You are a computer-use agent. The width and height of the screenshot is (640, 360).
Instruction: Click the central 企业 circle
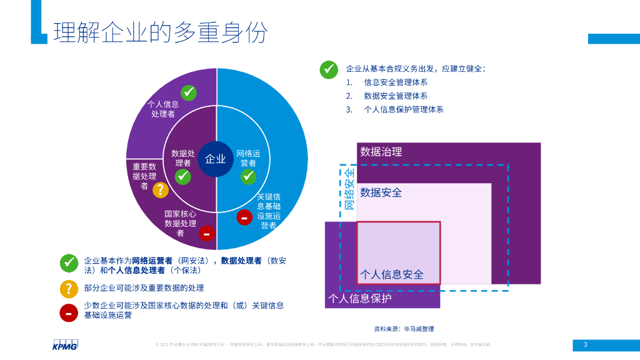click(x=216, y=159)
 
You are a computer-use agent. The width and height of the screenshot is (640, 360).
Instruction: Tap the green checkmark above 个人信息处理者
click(x=188, y=92)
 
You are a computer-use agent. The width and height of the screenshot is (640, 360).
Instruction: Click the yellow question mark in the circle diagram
click(x=161, y=190)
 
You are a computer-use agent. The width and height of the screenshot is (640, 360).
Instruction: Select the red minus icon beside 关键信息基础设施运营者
click(x=244, y=217)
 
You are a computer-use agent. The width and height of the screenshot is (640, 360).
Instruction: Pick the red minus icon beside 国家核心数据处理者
click(x=206, y=234)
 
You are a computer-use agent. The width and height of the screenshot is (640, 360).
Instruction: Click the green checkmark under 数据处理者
click(x=182, y=177)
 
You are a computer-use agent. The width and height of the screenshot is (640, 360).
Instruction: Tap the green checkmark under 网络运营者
click(x=248, y=177)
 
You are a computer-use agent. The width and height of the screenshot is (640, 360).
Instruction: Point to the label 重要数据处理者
click(x=144, y=176)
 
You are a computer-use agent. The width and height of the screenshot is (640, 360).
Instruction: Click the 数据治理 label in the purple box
click(x=381, y=151)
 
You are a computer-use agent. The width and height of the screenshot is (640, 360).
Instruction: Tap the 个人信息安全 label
click(x=392, y=274)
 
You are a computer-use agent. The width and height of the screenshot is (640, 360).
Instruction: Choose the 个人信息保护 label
click(x=360, y=299)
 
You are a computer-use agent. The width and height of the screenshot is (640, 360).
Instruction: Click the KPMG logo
click(x=65, y=344)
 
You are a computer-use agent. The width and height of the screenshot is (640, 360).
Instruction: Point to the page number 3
click(x=586, y=344)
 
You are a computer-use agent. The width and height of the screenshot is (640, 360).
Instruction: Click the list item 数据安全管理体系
click(x=396, y=96)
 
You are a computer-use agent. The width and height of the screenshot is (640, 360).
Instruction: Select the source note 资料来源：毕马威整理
click(x=404, y=329)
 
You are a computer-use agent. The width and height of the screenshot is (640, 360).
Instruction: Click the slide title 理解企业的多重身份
click(x=161, y=32)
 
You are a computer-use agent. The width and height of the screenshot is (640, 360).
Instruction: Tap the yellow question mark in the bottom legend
click(x=69, y=289)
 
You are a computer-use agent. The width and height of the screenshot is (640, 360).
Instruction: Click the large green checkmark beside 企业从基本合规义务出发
click(x=329, y=69)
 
